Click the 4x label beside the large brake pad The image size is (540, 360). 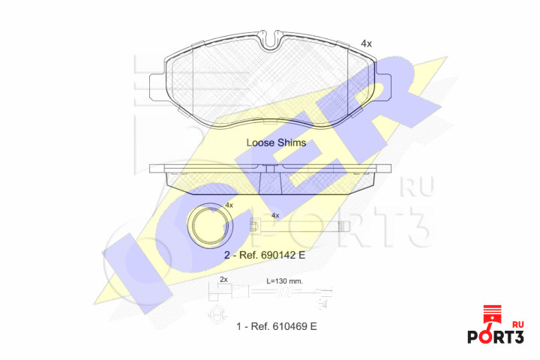click(366, 43)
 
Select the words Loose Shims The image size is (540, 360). click(276, 142)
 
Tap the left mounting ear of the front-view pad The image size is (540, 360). click(157, 88)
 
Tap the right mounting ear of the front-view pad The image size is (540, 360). click(383, 87)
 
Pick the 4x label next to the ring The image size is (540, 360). click(229, 205)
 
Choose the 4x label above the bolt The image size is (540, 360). click(275, 216)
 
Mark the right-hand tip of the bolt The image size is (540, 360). click(349, 226)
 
